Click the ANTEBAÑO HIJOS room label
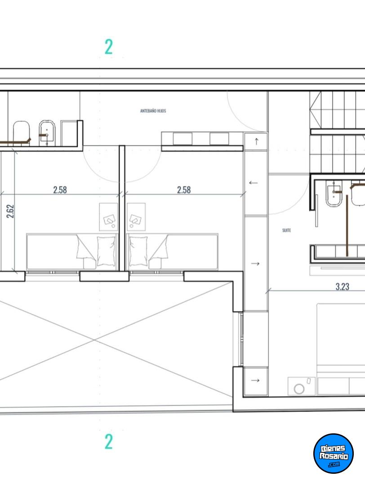click(x=153, y=111)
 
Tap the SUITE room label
click(x=286, y=230)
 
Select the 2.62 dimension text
click(x=10, y=211)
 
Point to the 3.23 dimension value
click(x=342, y=287)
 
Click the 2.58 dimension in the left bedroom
click(x=60, y=190)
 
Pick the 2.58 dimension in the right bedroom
click(x=183, y=190)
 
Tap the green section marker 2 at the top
click(x=108, y=47)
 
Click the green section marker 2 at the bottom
click(x=108, y=441)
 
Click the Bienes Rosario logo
click(x=334, y=453)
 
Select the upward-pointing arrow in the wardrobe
click(x=256, y=141)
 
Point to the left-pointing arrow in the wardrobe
click(x=253, y=183)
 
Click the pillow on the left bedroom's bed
click(x=106, y=251)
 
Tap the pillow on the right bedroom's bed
click(x=138, y=251)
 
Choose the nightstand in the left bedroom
click(x=109, y=217)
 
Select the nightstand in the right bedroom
click(x=136, y=217)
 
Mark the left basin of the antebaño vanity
click(x=182, y=139)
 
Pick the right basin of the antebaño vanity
click(x=219, y=139)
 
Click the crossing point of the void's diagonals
click(x=94, y=340)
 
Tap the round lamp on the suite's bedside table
click(x=299, y=389)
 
